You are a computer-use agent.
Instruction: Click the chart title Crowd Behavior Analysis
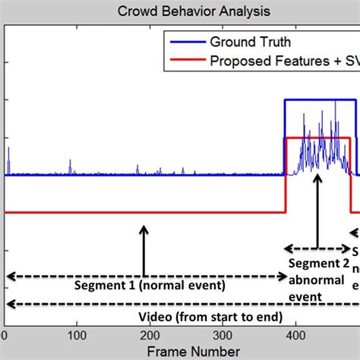183,11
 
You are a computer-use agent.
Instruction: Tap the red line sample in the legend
183,61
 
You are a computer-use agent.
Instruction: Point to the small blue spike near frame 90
70,166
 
